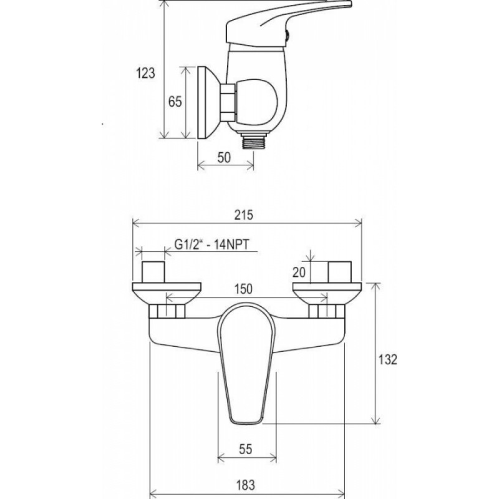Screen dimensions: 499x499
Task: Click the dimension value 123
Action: tap(146, 73)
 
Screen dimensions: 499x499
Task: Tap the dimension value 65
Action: tap(175, 102)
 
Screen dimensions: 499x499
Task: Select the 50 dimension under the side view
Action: tap(224, 158)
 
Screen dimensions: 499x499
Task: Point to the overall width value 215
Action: tap(244, 215)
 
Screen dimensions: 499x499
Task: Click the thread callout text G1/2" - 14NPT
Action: tap(211, 245)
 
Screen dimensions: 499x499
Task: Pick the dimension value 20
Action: tap(299, 272)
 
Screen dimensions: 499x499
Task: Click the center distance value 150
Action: tap(243, 289)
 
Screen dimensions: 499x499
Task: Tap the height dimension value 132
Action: tap(387, 360)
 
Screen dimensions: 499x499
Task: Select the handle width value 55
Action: tap(245, 449)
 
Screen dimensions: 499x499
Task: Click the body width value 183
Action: tap(245, 485)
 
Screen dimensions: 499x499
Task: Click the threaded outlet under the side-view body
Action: tap(253, 142)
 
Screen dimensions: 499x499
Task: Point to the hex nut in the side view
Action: tap(228, 103)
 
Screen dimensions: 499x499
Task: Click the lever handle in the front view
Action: tap(246, 364)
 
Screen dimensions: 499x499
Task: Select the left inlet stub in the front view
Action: tap(153, 272)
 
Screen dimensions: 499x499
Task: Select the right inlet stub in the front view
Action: tap(340, 272)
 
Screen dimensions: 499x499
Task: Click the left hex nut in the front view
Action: tap(167, 311)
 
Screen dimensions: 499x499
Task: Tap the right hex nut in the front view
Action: tap(326, 311)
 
